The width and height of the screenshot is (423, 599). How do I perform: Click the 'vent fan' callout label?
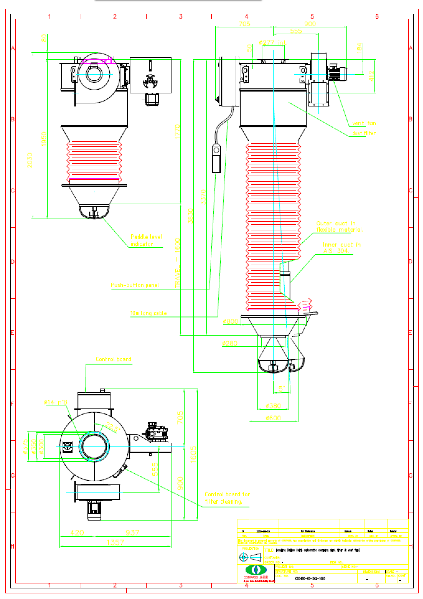point(364,123)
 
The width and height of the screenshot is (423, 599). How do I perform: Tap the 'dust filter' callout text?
point(364,133)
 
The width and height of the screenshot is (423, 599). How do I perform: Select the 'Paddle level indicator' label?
point(146,240)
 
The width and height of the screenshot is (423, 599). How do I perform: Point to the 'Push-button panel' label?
point(135,285)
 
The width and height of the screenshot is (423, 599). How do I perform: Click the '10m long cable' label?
point(148,313)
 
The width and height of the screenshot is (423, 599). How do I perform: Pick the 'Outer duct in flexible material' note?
point(339,227)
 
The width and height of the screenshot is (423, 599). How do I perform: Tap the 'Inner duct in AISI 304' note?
point(341,248)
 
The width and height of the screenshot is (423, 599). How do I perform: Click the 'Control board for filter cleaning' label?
point(227,498)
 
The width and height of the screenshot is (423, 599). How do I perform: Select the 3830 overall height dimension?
point(190,216)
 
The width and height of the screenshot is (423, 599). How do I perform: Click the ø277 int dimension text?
point(272,43)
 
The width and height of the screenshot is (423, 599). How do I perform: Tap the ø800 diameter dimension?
point(231,322)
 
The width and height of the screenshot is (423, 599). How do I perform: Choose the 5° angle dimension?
point(282,389)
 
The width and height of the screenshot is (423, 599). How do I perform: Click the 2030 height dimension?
point(30,160)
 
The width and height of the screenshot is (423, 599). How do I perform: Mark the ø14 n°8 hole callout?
point(55,402)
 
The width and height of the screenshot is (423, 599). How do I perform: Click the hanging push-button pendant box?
point(216,158)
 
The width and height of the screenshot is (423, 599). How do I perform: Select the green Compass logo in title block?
point(256,570)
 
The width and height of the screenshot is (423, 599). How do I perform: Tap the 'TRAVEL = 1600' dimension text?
point(177,263)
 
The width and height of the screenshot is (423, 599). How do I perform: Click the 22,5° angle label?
point(112,427)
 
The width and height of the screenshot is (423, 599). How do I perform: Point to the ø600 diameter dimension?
point(273,418)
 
